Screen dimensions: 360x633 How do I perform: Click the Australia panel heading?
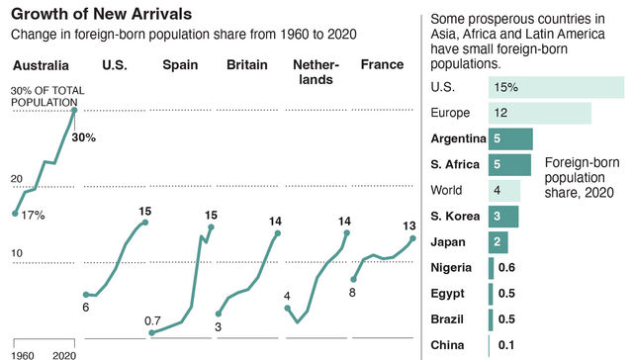click(41, 66)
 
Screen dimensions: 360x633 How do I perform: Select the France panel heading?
click(382, 65)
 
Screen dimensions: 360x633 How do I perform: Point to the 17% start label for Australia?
click(33, 215)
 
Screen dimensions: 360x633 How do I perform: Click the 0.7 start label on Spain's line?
click(152, 320)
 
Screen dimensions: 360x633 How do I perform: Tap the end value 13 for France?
click(409, 226)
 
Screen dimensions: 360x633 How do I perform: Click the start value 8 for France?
click(352, 294)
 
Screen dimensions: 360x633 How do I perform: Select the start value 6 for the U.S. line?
click(85, 308)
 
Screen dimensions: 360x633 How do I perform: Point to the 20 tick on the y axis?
click(17, 178)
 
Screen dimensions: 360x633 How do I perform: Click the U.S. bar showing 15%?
click(557, 87)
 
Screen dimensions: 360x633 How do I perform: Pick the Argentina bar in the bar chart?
click(510, 138)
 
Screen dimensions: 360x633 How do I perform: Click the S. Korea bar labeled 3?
click(502, 216)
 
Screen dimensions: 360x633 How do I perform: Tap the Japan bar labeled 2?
click(498, 241)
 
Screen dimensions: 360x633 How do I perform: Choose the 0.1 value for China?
click(504, 345)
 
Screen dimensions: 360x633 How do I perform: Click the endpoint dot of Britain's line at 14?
click(278, 234)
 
